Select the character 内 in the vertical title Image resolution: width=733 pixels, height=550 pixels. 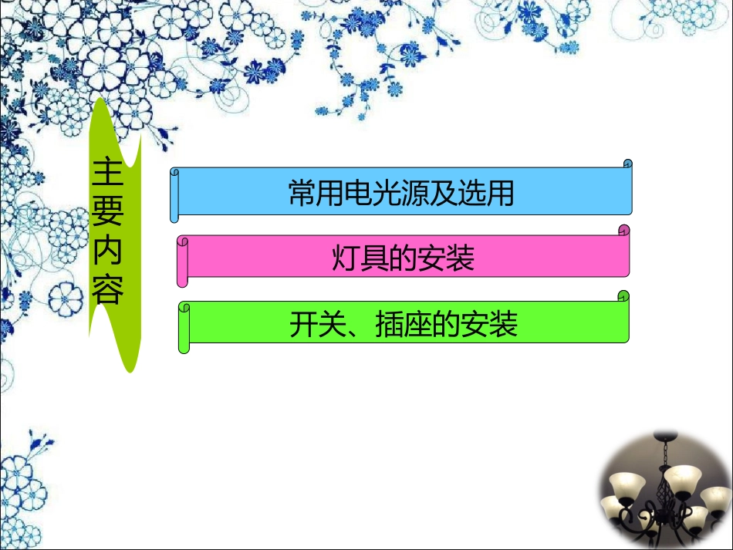coord(107,252)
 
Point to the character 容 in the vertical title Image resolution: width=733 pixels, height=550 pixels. coord(107,291)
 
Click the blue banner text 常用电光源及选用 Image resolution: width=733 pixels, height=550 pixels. coord(401,193)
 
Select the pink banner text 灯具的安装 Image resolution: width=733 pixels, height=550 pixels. coord(403,258)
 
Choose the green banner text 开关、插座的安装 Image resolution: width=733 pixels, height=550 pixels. coord(403,325)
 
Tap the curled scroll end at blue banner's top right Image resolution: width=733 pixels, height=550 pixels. coord(627,164)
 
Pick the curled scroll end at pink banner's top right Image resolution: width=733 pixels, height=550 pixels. coord(623,230)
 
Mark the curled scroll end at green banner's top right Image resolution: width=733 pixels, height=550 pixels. coord(623,296)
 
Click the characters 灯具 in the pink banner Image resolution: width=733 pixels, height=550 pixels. coord(356,258)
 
